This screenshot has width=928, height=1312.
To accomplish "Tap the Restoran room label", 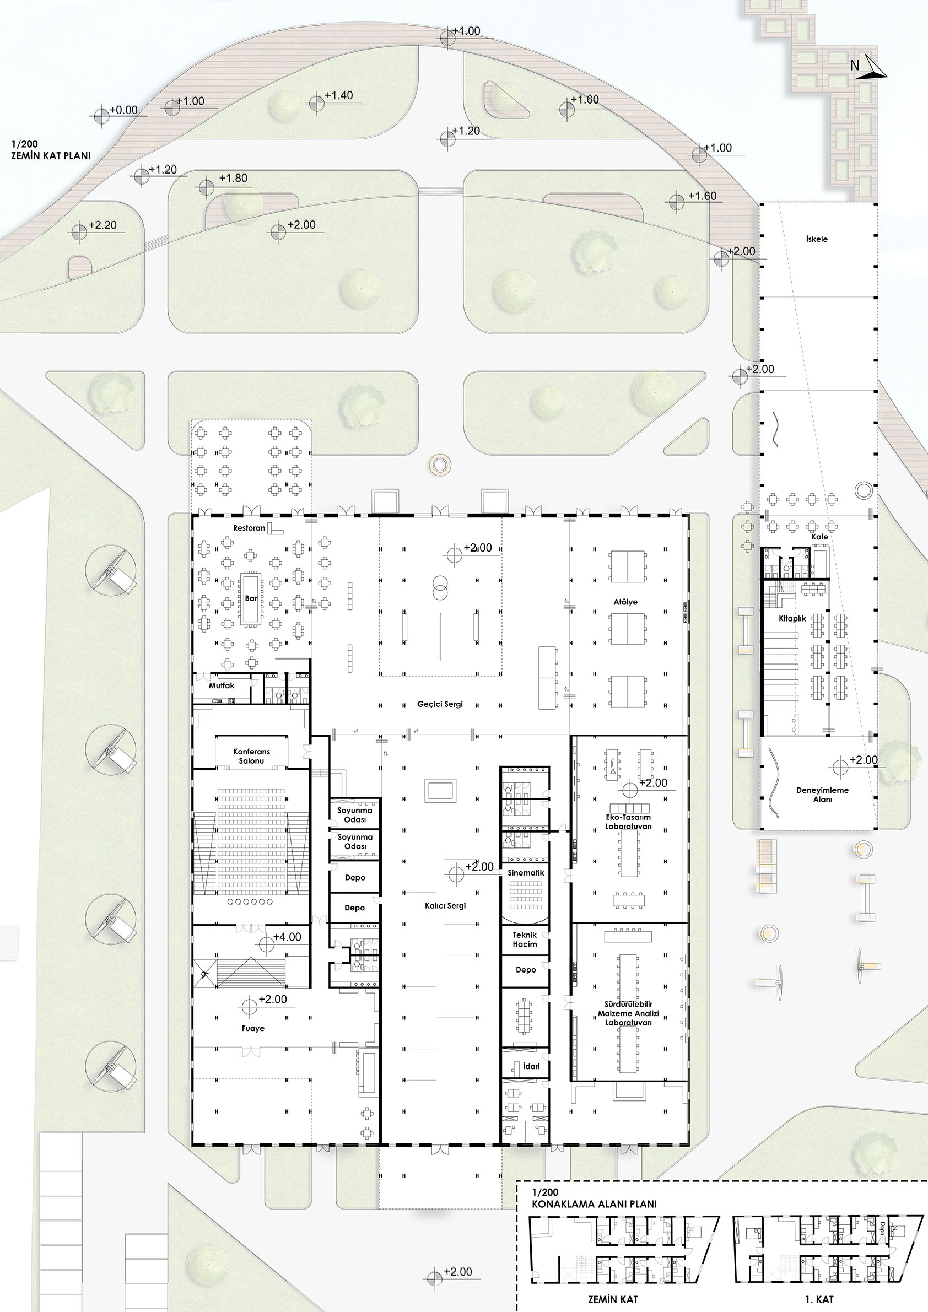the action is point(249,528).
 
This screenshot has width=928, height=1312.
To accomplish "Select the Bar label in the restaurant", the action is point(251,598).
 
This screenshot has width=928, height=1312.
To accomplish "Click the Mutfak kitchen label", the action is point(222,685).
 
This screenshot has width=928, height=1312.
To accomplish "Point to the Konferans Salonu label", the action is point(251,756).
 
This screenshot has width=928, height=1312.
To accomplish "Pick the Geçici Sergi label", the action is point(440,705).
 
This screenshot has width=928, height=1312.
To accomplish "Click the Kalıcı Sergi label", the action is point(445,906).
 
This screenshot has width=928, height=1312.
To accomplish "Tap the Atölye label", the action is point(625,602).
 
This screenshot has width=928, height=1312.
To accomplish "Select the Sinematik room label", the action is point(526,873).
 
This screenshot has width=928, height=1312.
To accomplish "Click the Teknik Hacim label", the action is point(525,940).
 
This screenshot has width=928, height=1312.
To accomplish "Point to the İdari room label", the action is point(531,1066).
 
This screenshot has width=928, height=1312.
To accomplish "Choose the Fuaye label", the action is point(253,1028).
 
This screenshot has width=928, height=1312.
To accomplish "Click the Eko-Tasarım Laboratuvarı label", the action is point(628,822).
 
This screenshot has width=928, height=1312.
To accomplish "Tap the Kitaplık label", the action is point(792,618).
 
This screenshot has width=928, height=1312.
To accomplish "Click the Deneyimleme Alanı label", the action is point(822,795).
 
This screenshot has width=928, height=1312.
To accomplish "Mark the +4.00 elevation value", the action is point(287,937).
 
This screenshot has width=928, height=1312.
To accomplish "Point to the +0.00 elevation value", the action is point(123,110).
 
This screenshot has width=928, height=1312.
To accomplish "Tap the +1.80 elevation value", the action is point(233,179).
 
